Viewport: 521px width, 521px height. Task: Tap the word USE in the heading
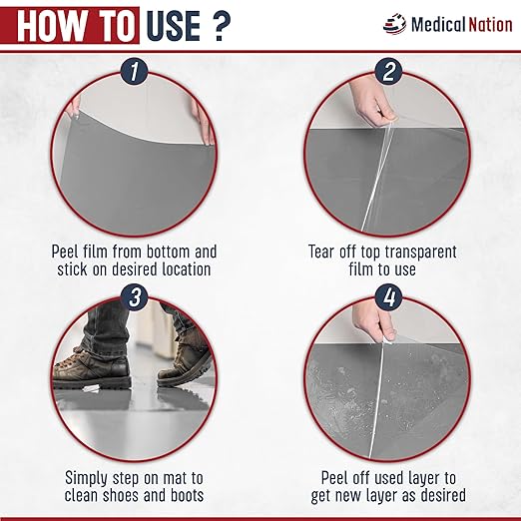(x=174, y=26)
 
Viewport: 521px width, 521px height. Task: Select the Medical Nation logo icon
(x=395, y=24)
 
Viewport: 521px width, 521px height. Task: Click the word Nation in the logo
(x=490, y=25)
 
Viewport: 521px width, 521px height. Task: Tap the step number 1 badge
(x=134, y=71)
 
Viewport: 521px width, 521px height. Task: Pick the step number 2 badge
(x=388, y=71)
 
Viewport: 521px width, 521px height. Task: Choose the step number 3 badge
(x=135, y=297)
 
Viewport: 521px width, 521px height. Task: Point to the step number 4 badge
(x=389, y=297)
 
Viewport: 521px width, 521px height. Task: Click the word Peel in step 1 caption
(x=65, y=252)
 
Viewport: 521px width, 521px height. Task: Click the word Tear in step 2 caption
(x=320, y=252)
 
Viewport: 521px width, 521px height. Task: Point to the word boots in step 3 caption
(x=187, y=495)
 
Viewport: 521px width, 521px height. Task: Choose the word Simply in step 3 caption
(x=85, y=479)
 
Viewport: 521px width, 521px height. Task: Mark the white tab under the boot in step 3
(x=91, y=388)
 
